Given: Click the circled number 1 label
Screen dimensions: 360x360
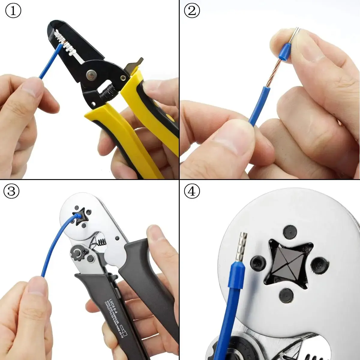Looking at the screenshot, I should point(13,11).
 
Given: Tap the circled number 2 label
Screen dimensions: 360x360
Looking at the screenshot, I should point(192,11).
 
